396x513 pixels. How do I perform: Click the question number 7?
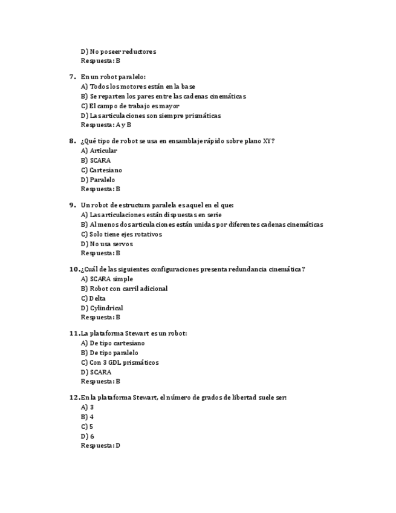click(x=72, y=77)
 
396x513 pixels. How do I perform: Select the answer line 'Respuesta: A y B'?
click(x=106, y=125)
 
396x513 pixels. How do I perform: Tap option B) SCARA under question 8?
click(x=96, y=160)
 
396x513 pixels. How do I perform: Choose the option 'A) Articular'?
click(x=99, y=151)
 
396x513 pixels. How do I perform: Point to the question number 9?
click(x=72, y=205)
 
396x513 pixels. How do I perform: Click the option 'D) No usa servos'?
click(x=106, y=244)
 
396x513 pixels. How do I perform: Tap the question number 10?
click(x=74, y=269)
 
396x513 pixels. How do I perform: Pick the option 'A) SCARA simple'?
click(x=107, y=279)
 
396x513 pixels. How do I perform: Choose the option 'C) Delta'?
click(x=93, y=298)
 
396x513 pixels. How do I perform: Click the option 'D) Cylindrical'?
click(x=102, y=308)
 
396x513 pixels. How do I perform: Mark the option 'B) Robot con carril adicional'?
click(x=124, y=289)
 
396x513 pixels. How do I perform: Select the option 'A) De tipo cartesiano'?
click(x=112, y=343)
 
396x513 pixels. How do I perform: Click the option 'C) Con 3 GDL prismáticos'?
click(x=120, y=362)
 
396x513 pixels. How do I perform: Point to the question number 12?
click(x=74, y=397)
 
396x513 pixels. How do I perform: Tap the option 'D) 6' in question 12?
click(x=88, y=436)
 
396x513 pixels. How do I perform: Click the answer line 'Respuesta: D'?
click(x=100, y=446)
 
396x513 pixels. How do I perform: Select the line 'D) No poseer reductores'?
click(x=118, y=51)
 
